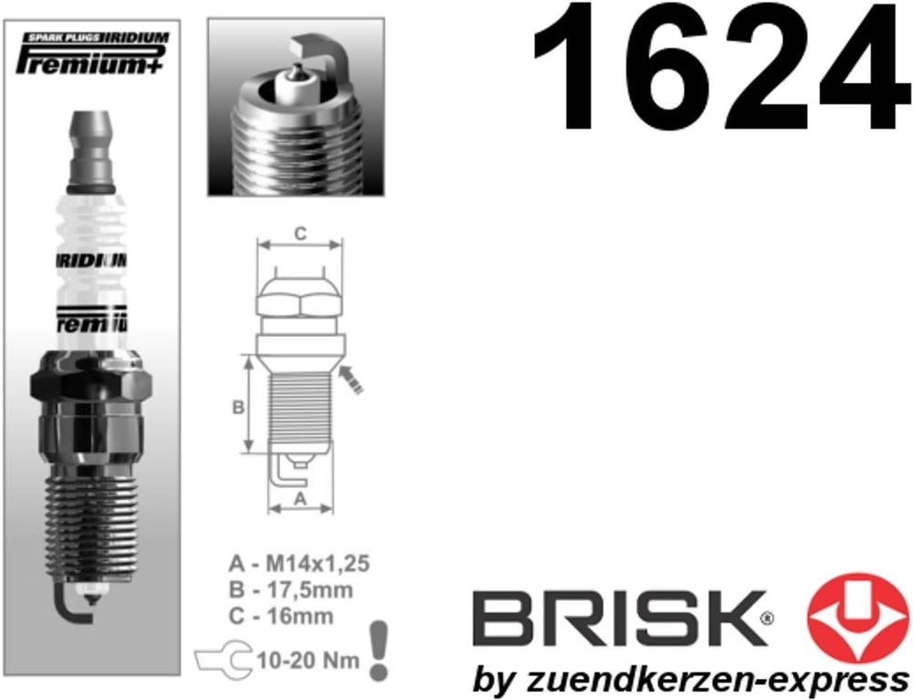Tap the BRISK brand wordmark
[619, 619]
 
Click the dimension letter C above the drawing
[299, 234]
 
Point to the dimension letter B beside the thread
[238, 408]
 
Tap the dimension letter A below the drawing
[299, 498]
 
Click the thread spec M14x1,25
[318, 563]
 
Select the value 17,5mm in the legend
[310, 590]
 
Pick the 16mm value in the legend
[299, 616]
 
